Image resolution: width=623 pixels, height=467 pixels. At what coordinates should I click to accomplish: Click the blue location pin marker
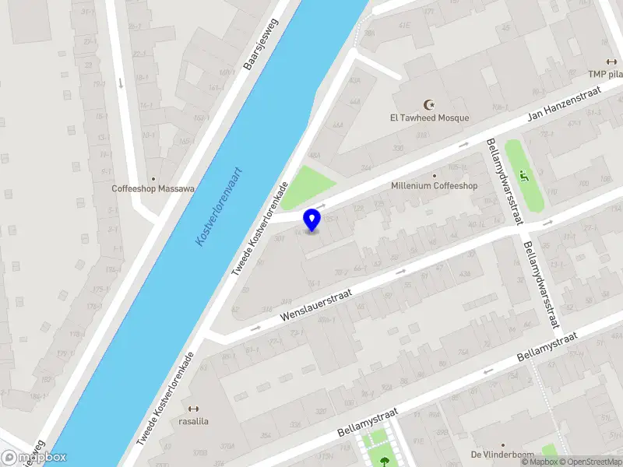click(x=312, y=219)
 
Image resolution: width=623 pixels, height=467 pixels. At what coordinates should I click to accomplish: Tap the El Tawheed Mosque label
click(x=429, y=118)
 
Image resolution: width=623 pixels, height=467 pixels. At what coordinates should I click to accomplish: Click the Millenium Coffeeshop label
click(x=434, y=186)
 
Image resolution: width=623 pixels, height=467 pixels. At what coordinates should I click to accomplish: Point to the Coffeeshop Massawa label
click(x=153, y=188)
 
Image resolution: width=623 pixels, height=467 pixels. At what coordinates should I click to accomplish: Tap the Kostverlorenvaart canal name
click(x=220, y=207)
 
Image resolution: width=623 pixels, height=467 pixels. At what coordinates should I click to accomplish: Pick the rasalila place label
click(x=193, y=422)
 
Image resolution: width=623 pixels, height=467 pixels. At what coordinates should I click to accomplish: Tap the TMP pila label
click(x=604, y=75)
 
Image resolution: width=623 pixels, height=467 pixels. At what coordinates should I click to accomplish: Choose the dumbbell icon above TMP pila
click(x=611, y=62)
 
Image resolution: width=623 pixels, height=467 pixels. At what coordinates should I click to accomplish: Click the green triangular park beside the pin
click(x=305, y=187)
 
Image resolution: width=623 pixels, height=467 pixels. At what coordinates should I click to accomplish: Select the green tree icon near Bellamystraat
click(x=384, y=461)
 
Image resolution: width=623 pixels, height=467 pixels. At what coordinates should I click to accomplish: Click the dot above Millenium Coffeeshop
click(x=434, y=175)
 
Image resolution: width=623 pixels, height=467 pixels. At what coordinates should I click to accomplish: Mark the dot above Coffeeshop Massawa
click(x=153, y=178)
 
